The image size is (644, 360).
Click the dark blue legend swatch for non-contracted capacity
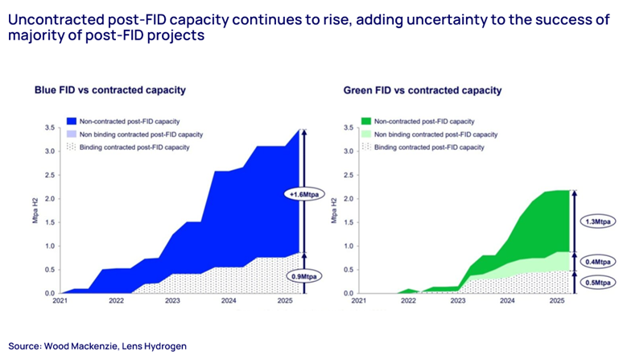(72, 121)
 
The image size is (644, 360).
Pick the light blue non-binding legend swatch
(72, 134)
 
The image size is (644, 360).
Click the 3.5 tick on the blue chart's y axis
(49, 128)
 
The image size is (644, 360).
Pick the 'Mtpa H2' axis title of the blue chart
(34, 211)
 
